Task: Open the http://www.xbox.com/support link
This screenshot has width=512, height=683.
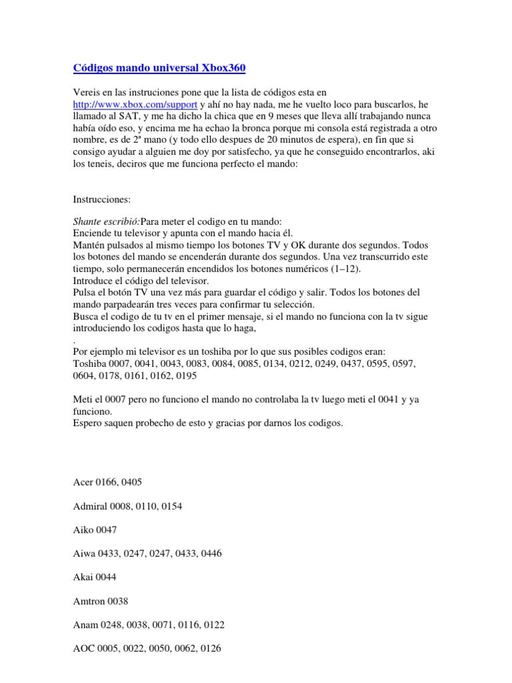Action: (x=135, y=105)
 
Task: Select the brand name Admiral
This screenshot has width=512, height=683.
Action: (x=89, y=506)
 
